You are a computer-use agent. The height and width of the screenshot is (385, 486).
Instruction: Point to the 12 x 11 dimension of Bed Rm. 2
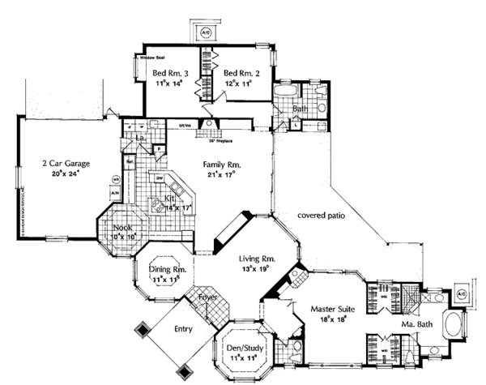coord(239,83)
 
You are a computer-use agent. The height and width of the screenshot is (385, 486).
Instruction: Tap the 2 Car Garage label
coord(66,163)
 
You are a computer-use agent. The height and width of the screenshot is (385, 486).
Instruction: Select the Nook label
coord(122,228)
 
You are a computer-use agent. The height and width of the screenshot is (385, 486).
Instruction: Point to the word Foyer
coord(207,298)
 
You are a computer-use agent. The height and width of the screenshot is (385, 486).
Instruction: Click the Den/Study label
coord(239,347)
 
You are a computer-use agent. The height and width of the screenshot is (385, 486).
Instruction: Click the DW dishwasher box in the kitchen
coord(160,179)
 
